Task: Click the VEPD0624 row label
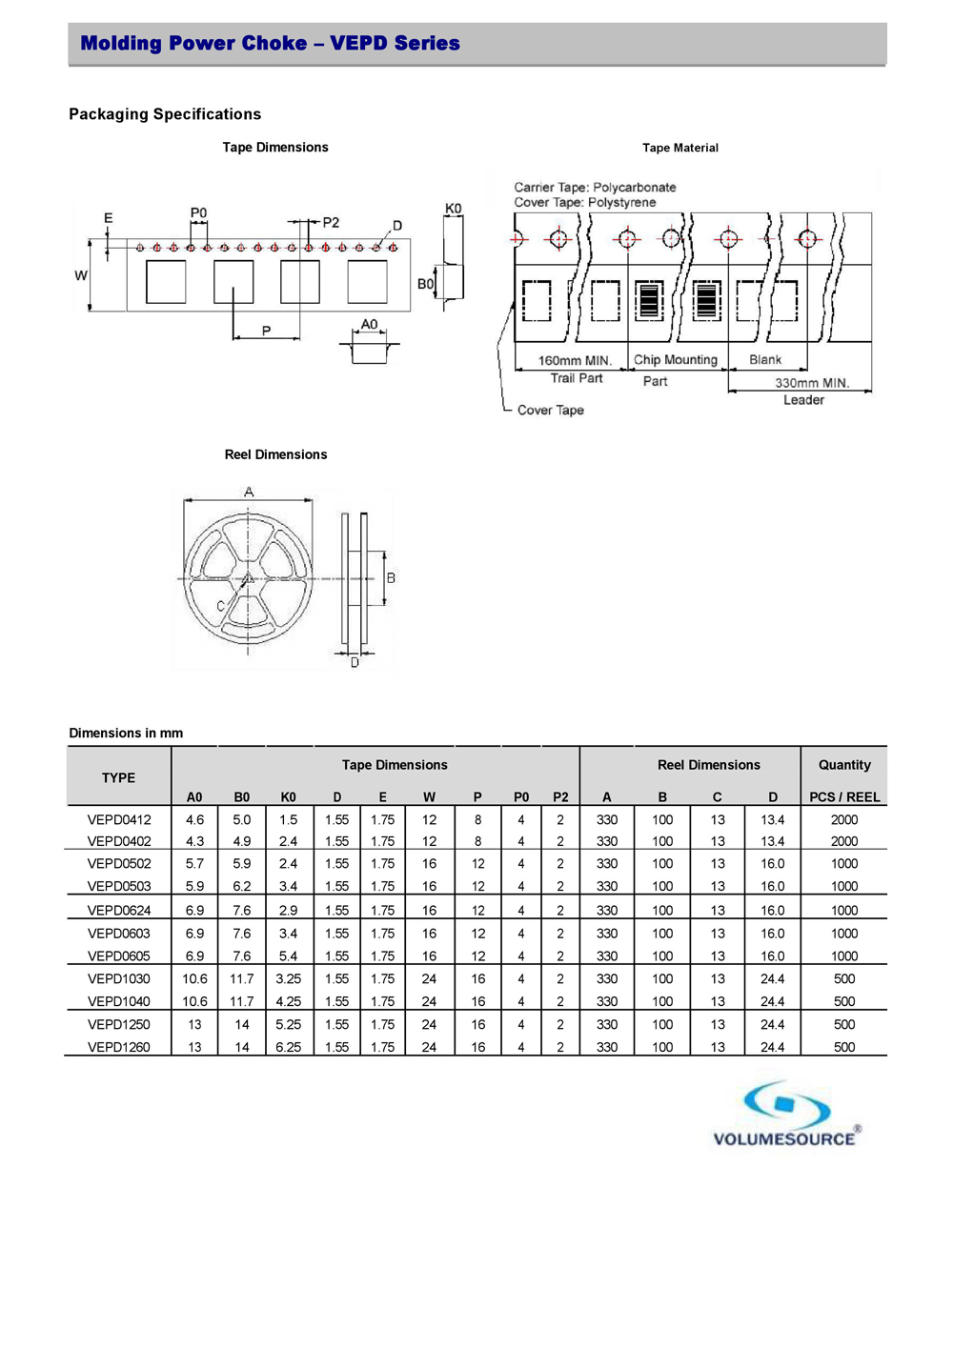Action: pos(119,911)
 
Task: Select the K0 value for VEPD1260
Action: pos(288,1047)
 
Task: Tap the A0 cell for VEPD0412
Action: pos(194,819)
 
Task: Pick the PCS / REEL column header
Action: pos(844,797)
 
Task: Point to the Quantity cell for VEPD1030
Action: pos(844,978)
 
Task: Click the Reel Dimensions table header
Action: pos(708,765)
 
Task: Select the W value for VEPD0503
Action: pos(429,886)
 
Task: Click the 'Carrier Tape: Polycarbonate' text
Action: pos(595,188)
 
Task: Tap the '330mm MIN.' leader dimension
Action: pos(811,383)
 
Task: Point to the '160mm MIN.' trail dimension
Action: pos(575,361)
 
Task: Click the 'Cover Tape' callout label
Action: pos(550,411)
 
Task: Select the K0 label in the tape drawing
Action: pos(453,209)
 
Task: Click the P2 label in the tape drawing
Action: pos(331,222)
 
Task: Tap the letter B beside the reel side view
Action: pos(391,578)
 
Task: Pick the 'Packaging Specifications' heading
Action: pos(165,114)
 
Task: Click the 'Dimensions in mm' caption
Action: pos(126,733)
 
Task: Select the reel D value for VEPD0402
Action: pos(772,841)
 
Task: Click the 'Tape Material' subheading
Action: pos(679,148)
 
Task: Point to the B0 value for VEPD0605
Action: pos(242,956)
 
